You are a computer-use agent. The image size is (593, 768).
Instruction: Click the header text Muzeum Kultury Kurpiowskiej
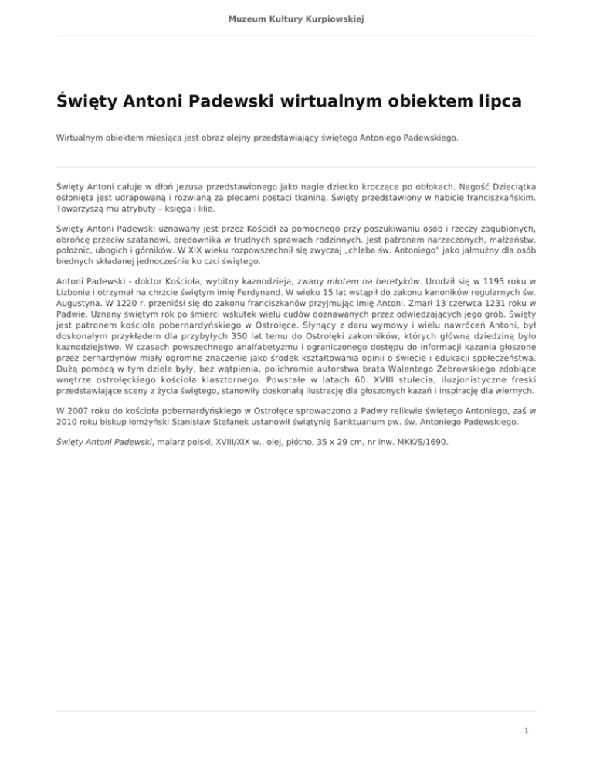click(296, 17)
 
